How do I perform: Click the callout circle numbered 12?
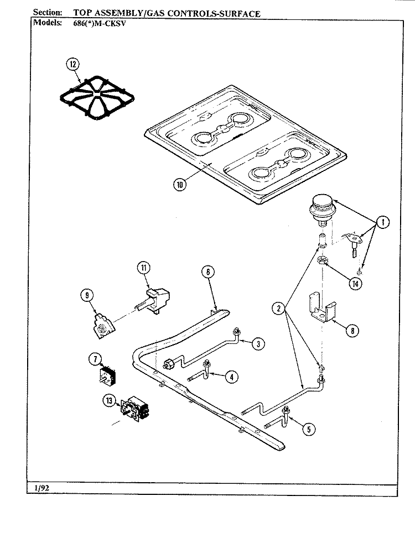click(x=72, y=64)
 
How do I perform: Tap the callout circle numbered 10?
click(x=179, y=185)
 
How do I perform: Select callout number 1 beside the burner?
click(x=382, y=222)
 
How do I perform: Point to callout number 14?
click(x=355, y=284)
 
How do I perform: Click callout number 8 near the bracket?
click(x=352, y=331)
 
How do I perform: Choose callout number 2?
click(x=279, y=308)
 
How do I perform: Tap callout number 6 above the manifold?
click(x=208, y=272)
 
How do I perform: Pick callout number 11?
click(x=144, y=268)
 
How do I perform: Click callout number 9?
click(x=87, y=295)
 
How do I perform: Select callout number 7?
click(x=95, y=359)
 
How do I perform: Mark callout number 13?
click(x=109, y=401)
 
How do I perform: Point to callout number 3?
click(x=258, y=344)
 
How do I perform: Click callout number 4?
click(x=231, y=377)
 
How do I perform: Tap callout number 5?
click(x=309, y=430)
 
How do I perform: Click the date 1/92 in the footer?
click(x=42, y=488)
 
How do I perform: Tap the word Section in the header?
click(x=48, y=13)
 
